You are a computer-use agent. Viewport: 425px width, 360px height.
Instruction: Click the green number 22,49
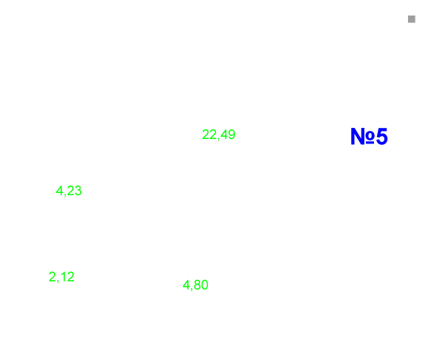point(219,135)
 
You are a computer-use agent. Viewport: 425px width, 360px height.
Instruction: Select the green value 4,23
point(69,191)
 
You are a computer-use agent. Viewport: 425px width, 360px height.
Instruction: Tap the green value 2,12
point(61,276)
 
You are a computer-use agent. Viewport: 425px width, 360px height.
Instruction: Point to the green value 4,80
point(195,285)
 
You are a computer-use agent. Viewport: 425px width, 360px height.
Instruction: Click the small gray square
point(412,19)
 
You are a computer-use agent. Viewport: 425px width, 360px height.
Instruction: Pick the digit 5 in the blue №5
point(382,136)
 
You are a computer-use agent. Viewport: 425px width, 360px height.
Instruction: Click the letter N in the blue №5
point(358,136)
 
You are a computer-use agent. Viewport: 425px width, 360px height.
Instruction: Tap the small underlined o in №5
point(370,137)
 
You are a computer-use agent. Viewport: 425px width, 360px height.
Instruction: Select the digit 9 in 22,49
point(231,135)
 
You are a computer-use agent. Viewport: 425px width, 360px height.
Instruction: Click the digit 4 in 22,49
point(224,135)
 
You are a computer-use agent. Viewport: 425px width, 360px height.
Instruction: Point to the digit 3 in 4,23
point(78,191)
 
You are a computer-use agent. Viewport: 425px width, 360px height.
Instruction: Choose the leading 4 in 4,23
point(59,191)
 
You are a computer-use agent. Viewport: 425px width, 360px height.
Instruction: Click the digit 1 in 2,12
point(63,276)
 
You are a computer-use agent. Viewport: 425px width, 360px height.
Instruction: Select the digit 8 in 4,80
point(197,285)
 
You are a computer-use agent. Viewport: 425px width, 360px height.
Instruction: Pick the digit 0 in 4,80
point(205,285)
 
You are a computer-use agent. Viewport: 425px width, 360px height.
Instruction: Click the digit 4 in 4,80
point(186,285)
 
